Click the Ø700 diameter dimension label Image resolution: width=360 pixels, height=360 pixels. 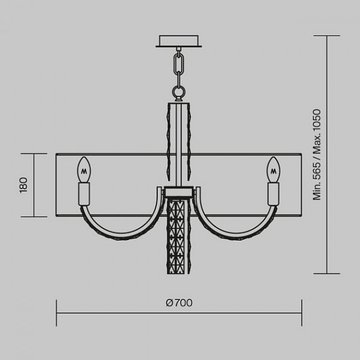point(179,303)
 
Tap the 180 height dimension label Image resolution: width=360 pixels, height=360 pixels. point(23,185)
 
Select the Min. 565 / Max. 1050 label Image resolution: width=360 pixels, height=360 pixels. point(317,155)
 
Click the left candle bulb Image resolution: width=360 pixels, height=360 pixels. point(84,169)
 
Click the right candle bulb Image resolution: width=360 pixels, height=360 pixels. point(274,169)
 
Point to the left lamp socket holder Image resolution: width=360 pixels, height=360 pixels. point(84,194)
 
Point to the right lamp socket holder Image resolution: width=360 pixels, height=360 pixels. point(274,194)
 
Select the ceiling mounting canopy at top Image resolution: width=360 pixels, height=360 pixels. point(179,41)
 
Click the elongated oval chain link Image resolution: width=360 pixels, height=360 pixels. point(179,64)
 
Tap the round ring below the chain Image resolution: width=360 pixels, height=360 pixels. point(179,91)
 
